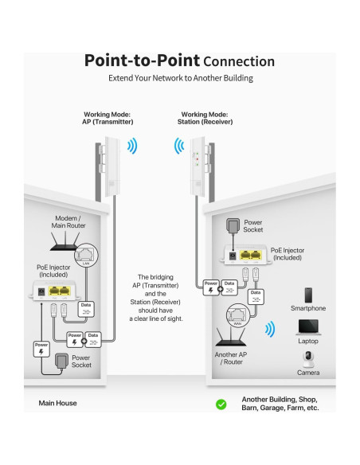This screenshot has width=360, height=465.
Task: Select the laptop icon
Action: [307, 326]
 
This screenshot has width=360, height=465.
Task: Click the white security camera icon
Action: [307, 358]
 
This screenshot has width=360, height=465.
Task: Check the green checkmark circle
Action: [221, 404]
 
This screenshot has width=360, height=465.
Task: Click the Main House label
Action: [58, 404]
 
